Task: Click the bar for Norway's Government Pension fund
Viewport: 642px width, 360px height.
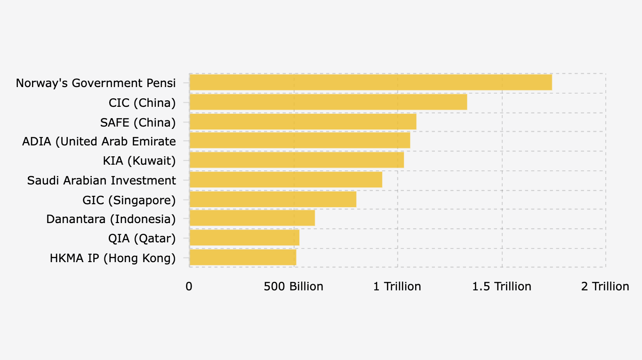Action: tap(370, 82)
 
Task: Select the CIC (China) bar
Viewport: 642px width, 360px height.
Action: tap(328, 102)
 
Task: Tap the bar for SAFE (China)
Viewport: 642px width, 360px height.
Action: tap(303, 122)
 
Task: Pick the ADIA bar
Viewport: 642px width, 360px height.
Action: tap(299, 141)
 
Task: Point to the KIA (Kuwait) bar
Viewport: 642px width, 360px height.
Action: tap(297, 160)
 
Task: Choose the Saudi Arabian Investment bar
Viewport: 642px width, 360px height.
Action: tap(286, 180)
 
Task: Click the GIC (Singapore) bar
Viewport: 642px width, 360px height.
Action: tap(273, 200)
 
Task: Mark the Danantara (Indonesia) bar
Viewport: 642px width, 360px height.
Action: tap(252, 218)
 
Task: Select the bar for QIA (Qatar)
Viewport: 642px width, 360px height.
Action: tap(244, 238)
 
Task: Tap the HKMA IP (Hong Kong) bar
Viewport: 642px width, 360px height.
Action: tap(242, 258)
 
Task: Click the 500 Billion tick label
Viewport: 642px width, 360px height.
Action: tap(294, 287)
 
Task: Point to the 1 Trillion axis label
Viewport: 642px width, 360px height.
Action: tap(397, 287)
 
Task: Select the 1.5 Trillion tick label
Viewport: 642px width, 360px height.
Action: tap(502, 287)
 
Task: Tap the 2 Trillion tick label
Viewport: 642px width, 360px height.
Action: tap(605, 287)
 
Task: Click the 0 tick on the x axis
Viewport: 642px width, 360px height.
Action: tap(189, 287)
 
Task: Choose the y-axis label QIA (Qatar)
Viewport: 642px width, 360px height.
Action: tap(142, 239)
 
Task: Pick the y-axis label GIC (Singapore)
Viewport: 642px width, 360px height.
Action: tap(129, 200)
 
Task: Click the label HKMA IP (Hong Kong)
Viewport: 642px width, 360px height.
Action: tap(112, 258)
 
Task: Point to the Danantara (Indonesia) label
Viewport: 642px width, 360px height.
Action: tap(111, 219)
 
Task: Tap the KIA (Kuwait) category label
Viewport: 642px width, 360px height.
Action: tap(139, 161)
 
